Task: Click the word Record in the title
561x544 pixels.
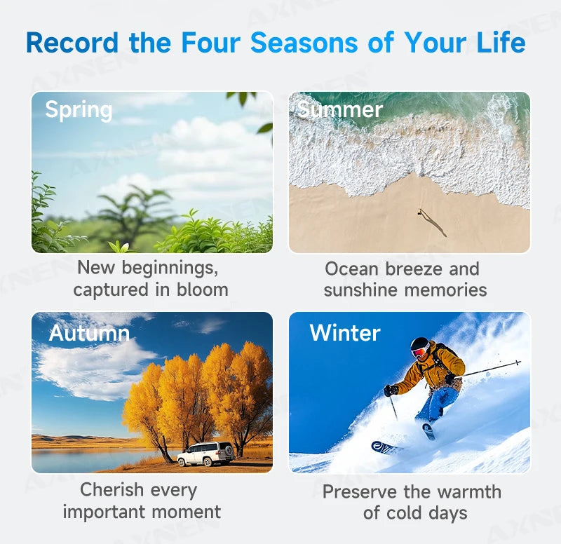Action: tap(72, 43)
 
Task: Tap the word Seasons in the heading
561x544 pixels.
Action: tap(304, 43)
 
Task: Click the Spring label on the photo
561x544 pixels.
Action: tap(79, 110)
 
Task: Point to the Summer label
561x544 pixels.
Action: tap(340, 109)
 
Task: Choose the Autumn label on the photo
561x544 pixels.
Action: tap(89, 333)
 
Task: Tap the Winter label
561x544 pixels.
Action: tap(345, 332)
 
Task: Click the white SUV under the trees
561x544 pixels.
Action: tap(206, 454)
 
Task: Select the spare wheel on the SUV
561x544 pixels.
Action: tap(229, 451)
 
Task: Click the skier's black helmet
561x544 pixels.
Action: tap(419, 344)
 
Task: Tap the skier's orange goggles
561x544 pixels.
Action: tap(419, 352)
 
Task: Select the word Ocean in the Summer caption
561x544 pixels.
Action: tap(352, 269)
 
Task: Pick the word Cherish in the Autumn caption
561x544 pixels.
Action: tap(111, 489)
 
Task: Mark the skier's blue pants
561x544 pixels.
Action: tap(438, 404)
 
